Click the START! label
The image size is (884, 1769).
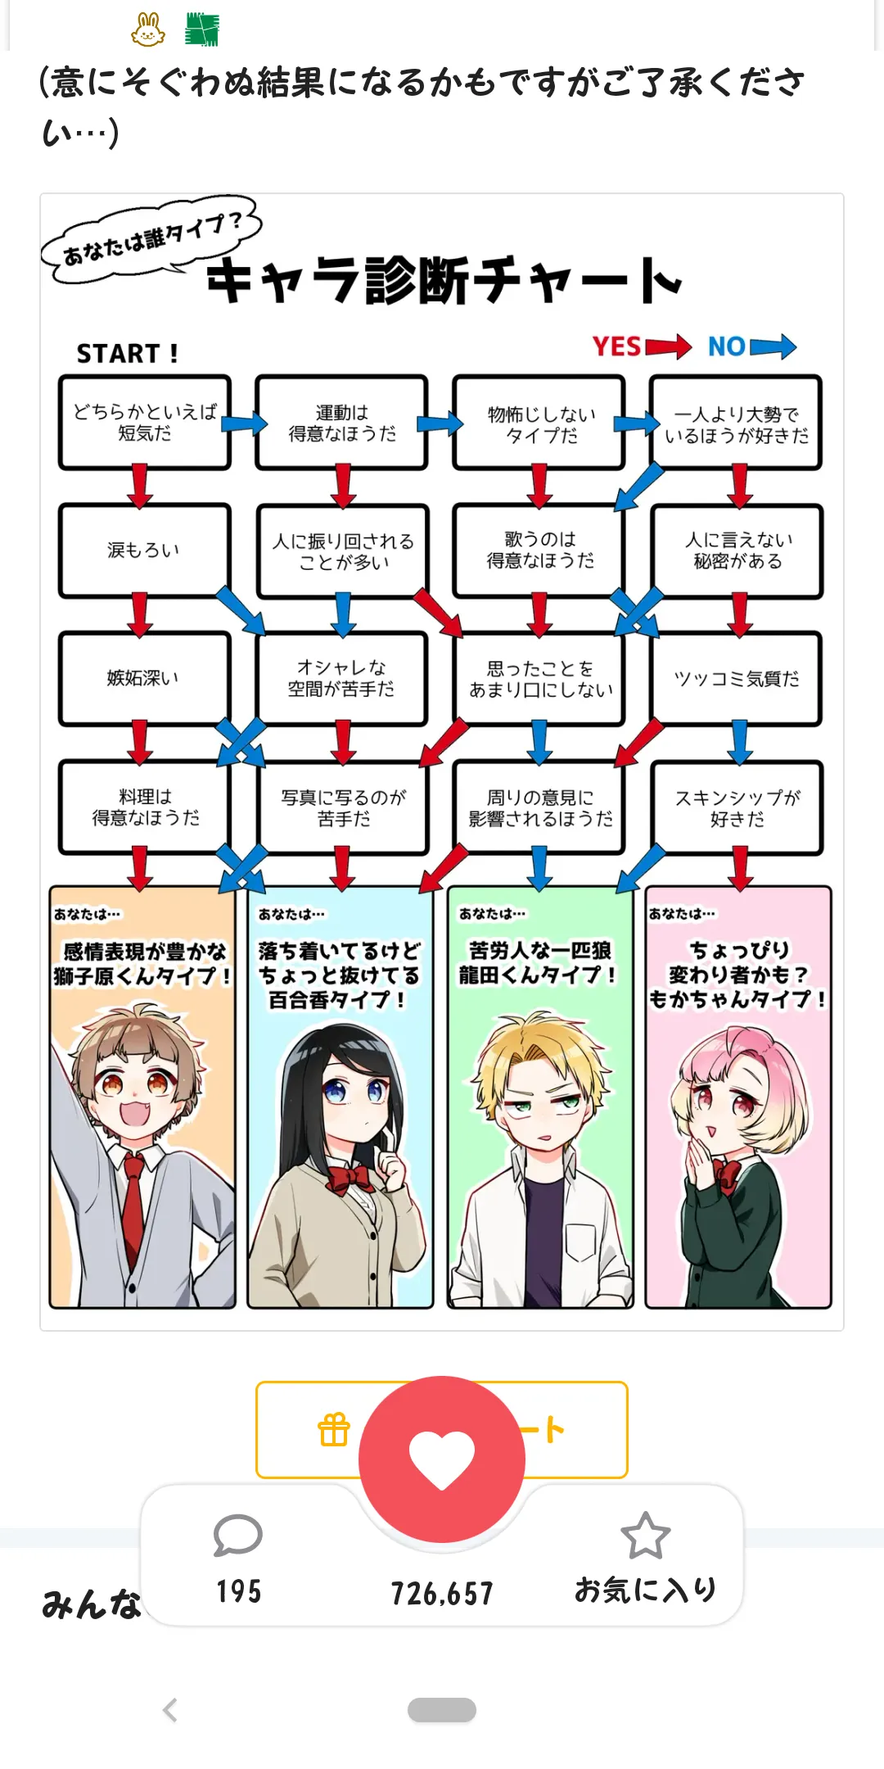coord(127,353)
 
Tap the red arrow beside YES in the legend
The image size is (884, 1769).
coord(668,346)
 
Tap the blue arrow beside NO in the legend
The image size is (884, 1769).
coord(773,346)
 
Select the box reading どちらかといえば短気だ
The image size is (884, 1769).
coord(144,423)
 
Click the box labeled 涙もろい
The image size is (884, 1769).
coord(144,550)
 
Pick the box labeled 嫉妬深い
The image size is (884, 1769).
coord(144,678)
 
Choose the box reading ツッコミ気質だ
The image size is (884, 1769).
coord(737,679)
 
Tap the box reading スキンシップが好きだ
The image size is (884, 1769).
coord(737,808)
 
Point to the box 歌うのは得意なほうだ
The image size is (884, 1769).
coord(539,550)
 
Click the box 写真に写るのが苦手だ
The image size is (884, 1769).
coord(343,808)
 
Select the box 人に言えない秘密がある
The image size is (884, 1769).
coord(737,550)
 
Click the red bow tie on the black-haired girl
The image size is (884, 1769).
coord(349,1179)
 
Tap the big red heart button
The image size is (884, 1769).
coord(442,1459)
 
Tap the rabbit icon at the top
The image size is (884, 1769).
coord(148,29)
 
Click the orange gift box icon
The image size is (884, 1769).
coord(334,1430)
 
